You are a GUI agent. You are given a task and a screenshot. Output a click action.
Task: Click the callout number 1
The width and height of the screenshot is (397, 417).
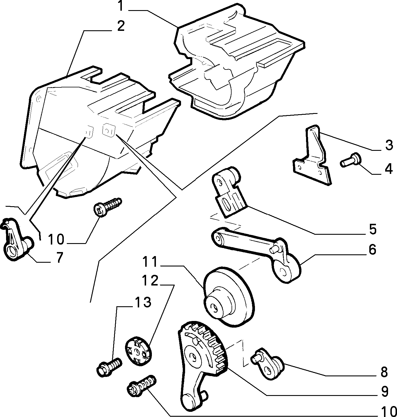pos(120,6)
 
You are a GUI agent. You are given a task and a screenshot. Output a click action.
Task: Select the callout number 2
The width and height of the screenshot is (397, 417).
pos(121,26)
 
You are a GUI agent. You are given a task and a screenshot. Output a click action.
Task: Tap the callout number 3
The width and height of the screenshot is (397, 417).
pos(389,146)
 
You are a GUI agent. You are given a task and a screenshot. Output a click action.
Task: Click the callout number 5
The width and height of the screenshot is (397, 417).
pos(372,229)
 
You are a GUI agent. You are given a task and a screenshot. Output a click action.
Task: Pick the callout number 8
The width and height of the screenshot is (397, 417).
pos(384,372)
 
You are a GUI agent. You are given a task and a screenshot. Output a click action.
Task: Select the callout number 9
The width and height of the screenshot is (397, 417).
pos(385,391)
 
